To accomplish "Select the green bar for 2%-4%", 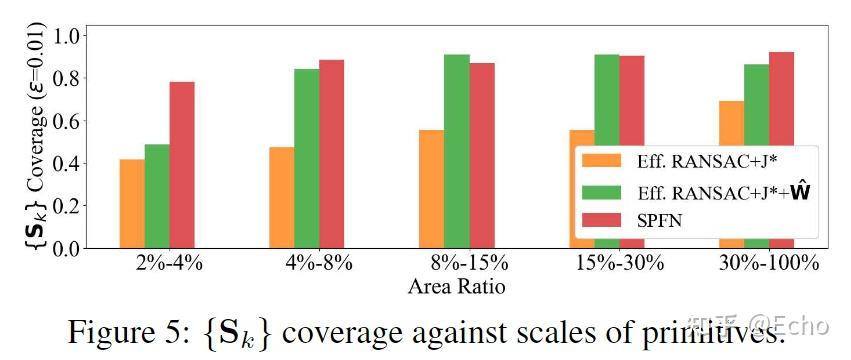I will click(157, 196).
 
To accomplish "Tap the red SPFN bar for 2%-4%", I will click(182, 165).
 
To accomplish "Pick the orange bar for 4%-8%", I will click(282, 198).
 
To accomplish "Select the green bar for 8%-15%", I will click(457, 151).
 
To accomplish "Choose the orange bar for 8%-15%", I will click(432, 189).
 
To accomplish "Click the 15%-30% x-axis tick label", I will click(618, 265).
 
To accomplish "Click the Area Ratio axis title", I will click(456, 287).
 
